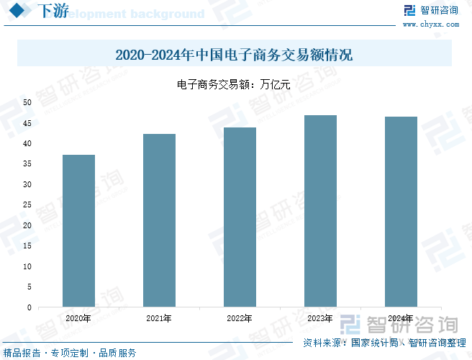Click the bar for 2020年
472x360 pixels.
tap(78, 230)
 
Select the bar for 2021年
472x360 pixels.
tap(159, 220)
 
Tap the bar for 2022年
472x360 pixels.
tap(240, 217)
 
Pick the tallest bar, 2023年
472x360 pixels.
tap(320, 211)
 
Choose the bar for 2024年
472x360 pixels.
tap(401, 212)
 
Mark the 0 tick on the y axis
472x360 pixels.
tap(29, 307)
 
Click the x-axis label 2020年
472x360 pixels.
tap(78, 318)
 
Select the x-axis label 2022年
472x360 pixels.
tap(240, 318)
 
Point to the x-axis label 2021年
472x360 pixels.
tap(159, 318)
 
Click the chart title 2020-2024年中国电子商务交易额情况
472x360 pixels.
tap(234, 55)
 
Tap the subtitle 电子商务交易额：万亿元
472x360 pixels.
tap(234, 84)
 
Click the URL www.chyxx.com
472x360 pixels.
tap(430, 24)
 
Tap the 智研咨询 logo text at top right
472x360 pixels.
tap(439, 10)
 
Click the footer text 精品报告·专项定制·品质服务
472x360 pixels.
tap(70, 353)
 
